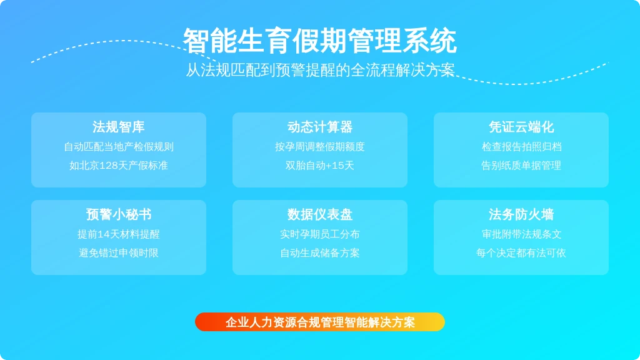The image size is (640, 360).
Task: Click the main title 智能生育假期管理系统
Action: click(319, 41)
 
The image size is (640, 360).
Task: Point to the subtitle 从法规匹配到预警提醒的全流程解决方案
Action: click(320, 70)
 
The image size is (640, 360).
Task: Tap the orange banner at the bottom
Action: click(320, 322)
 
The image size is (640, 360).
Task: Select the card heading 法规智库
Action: click(119, 127)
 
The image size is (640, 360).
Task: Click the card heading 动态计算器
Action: click(320, 127)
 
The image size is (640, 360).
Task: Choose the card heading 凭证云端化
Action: click(521, 127)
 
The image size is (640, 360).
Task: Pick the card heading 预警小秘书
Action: click(119, 214)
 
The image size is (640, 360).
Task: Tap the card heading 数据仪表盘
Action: click(320, 214)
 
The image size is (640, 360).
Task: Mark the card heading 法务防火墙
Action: click(521, 214)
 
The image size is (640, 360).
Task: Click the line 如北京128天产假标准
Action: click(119, 165)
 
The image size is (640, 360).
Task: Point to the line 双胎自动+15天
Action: click(320, 165)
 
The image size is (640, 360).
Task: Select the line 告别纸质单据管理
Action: click(521, 165)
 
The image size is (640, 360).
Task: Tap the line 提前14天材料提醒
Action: click(119, 234)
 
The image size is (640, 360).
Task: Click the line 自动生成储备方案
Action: click(320, 253)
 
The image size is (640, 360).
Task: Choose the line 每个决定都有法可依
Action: click(521, 253)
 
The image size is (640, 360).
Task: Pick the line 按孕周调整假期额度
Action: click(320, 147)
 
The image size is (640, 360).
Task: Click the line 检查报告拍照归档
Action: click(521, 147)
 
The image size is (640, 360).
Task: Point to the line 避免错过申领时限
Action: click(119, 253)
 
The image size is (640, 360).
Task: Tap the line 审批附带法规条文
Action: click(521, 234)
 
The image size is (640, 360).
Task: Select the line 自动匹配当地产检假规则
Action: click(119, 147)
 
